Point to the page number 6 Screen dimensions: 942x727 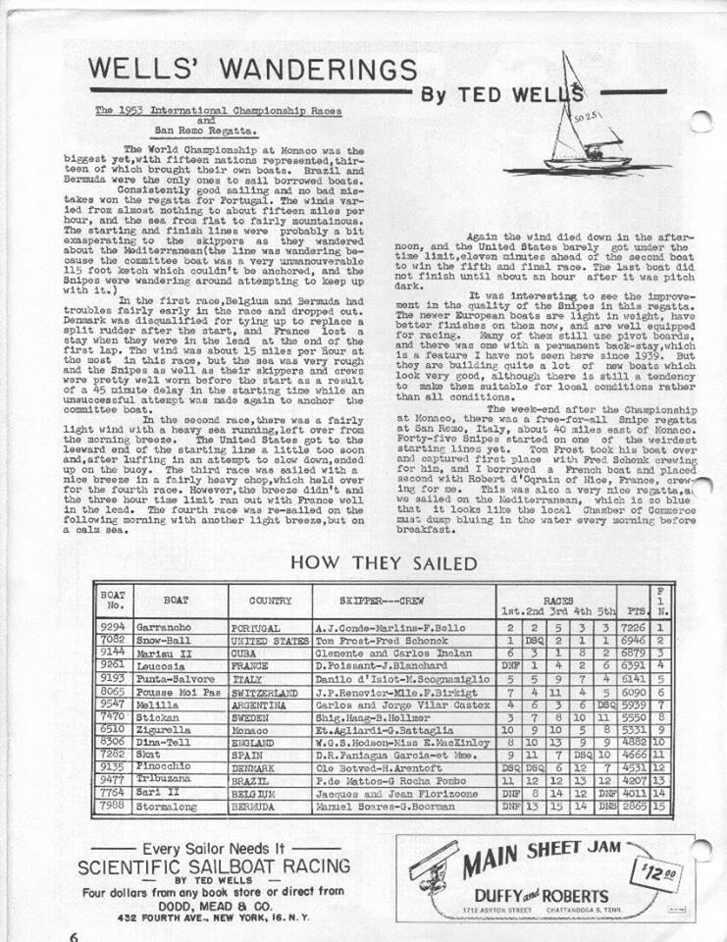[74, 934]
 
